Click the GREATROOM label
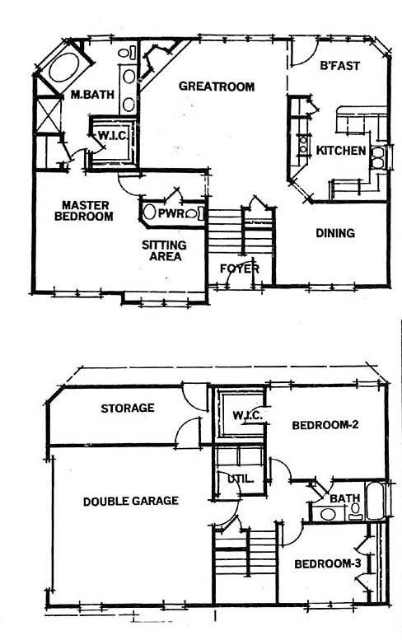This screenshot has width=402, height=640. (217, 86)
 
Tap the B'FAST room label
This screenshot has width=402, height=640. (339, 66)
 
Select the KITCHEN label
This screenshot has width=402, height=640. (341, 151)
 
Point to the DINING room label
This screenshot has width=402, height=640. (335, 233)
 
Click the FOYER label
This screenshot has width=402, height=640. (240, 269)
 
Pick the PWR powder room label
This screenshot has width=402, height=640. (172, 213)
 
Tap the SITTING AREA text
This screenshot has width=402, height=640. (164, 250)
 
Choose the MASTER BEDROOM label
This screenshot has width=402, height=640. (84, 211)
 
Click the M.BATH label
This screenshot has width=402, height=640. (92, 95)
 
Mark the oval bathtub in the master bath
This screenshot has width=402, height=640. (64, 68)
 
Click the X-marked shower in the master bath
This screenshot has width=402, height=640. (49, 114)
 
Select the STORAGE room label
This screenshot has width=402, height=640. (128, 409)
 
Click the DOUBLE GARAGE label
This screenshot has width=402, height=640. (131, 501)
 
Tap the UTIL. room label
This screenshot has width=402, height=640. (241, 479)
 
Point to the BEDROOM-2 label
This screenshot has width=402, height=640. (325, 425)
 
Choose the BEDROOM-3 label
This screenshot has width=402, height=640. (328, 564)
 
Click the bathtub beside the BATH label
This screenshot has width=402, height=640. (375, 501)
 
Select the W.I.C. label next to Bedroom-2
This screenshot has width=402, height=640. (247, 416)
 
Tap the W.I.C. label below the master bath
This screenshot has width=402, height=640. (114, 136)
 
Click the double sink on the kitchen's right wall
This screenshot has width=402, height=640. (378, 157)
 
